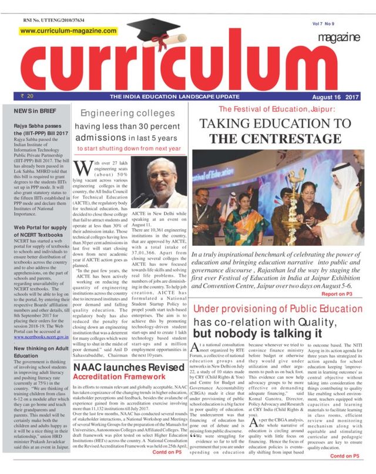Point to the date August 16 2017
(335, 95)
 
